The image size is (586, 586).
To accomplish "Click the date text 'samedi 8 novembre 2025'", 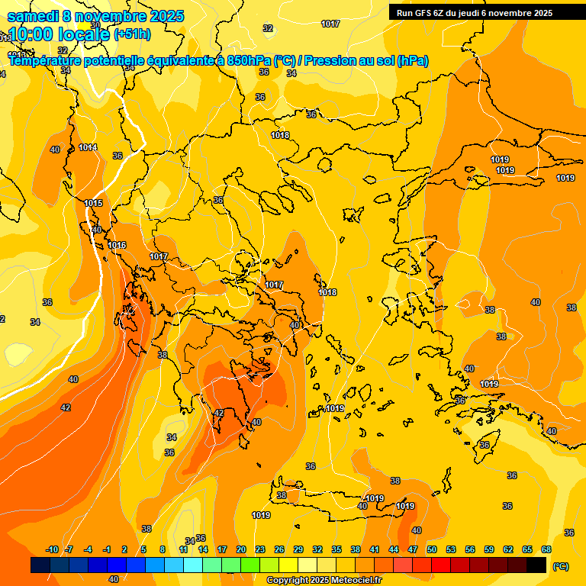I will click(95, 16).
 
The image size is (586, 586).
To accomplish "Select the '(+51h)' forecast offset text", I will click(132, 34).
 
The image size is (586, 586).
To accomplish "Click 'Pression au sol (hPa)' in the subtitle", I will click(365, 60).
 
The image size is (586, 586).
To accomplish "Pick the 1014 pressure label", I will click(88, 147).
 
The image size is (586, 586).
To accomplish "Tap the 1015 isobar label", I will click(94, 203).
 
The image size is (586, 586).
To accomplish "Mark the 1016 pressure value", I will click(118, 245).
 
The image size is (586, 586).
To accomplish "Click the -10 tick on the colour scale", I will click(52, 549).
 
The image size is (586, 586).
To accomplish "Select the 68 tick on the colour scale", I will click(546, 549).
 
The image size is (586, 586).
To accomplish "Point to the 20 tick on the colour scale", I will click(241, 549).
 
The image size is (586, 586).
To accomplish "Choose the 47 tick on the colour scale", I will click(413, 549).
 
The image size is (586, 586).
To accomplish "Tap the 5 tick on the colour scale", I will click(143, 549).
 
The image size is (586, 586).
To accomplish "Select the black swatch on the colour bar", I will click(536, 565).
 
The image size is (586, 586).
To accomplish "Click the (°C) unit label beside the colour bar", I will click(561, 565).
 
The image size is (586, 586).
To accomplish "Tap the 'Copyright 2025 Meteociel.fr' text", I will click(324, 581).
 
